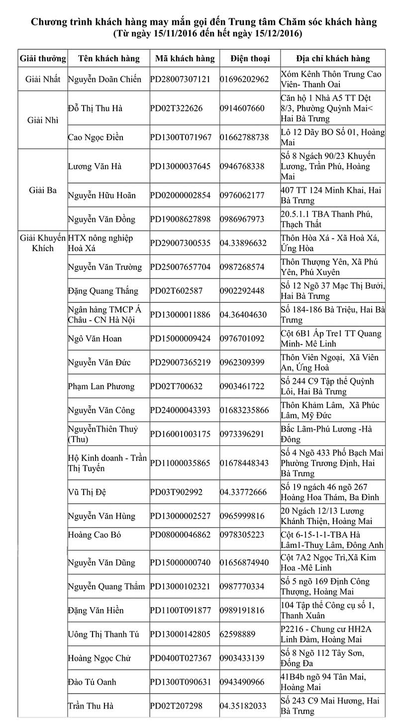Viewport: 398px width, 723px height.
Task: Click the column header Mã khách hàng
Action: [x=185, y=58]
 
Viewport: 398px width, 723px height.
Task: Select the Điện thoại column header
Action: [x=250, y=58]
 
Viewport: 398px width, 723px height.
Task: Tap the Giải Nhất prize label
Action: [x=42, y=79]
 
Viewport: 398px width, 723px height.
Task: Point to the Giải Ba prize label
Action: [x=42, y=190]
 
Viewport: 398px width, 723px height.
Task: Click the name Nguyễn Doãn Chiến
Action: [x=104, y=79]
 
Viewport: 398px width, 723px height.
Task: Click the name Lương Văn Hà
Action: [x=95, y=166]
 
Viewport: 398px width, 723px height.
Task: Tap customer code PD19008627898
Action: [x=180, y=219]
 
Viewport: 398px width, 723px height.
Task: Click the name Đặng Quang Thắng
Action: [x=101, y=290]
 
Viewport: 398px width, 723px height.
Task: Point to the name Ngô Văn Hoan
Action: [x=95, y=339]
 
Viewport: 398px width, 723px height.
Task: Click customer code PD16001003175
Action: [x=180, y=434]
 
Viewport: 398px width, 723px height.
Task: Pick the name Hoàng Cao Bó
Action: [x=94, y=535]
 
